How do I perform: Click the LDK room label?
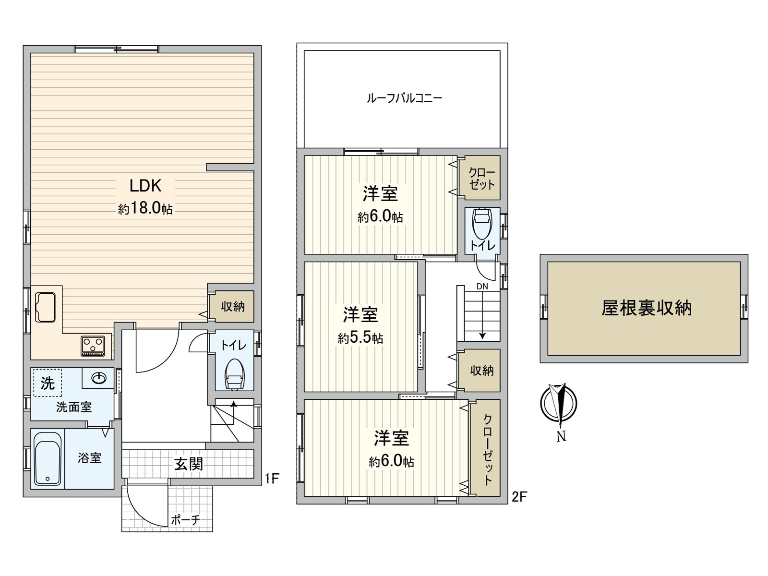(145, 186)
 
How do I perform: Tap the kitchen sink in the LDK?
(46, 307)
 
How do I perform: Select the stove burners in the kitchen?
(93, 346)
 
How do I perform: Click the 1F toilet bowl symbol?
(234, 374)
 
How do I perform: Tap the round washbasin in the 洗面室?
(99, 378)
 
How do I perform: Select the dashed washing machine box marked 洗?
(48, 383)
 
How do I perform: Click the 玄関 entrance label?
(189, 464)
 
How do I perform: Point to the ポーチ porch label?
(185, 520)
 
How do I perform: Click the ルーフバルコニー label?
(405, 98)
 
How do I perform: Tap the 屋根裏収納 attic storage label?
(647, 308)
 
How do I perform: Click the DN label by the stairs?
(482, 286)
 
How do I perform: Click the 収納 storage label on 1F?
(233, 306)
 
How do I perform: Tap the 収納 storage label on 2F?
(482, 371)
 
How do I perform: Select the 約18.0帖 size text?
(145, 208)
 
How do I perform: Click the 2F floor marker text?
(519, 497)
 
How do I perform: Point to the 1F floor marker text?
(272, 479)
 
